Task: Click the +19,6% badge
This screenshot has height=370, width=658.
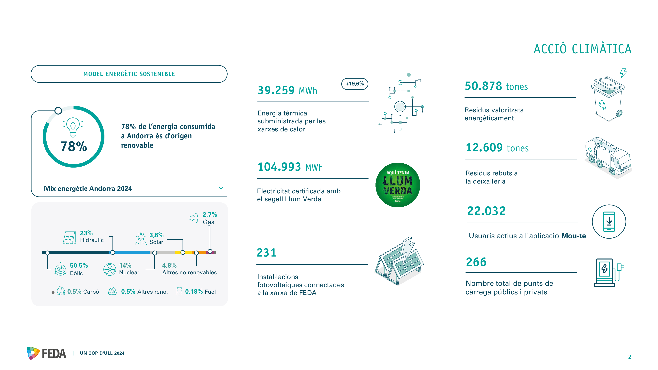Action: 355,84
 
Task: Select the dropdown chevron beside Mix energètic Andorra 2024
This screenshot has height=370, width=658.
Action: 221,188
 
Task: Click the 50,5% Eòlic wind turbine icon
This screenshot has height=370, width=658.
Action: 61,269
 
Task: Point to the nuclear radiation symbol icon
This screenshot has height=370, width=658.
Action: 110,269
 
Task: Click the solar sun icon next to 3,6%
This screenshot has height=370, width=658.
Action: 141,238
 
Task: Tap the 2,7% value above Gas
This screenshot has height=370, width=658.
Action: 209,215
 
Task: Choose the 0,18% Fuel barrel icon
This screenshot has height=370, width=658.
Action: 179,291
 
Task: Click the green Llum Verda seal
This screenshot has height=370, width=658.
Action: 398,185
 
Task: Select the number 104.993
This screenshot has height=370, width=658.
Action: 279,167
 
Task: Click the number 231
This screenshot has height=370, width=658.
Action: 267,253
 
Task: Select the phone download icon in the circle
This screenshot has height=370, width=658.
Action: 609,221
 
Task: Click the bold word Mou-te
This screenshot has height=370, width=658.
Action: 574,236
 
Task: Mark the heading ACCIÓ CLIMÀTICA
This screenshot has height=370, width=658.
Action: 582,49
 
